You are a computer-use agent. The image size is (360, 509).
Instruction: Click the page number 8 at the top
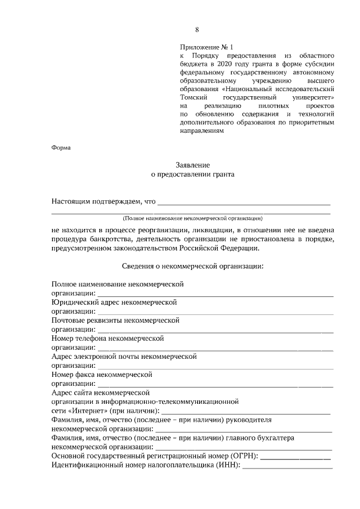click(197, 30)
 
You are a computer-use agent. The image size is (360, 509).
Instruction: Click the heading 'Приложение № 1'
click(206, 47)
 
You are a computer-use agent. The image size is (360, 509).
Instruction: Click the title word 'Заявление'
click(193, 165)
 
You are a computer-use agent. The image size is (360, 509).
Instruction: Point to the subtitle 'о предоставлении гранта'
click(193, 174)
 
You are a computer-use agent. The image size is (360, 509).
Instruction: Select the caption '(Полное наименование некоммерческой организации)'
click(193, 218)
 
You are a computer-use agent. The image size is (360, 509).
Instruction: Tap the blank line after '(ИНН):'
click(287, 465)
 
